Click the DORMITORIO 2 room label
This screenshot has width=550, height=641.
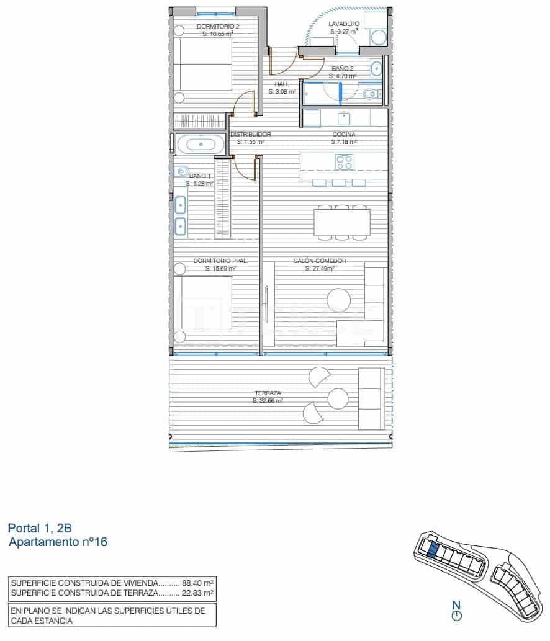pos(218,27)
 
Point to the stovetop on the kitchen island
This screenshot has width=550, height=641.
pos(344,163)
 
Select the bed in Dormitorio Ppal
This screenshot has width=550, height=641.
pos(205,303)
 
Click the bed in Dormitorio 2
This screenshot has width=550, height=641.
pos(205,64)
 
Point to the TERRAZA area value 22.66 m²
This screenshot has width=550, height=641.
pos(268,401)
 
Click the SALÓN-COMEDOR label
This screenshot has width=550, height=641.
pos(320,261)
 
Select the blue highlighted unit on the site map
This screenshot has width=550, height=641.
pos(433,548)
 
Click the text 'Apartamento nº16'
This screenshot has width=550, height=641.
pos(59,542)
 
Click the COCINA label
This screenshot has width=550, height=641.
pos(343,134)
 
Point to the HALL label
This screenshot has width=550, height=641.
pos(282,84)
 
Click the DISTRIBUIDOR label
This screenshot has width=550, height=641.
pos(251,134)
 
